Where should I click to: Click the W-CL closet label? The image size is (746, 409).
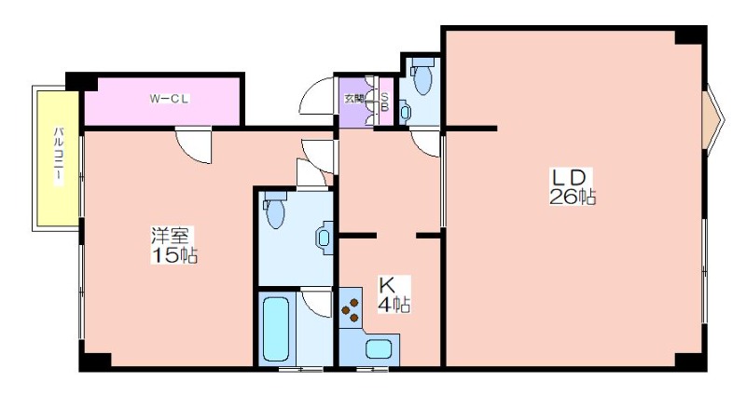click(170, 99)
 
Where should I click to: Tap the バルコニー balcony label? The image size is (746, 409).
click(59, 156)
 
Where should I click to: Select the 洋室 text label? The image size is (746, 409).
click(170, 236)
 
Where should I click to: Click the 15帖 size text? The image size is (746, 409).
click(174, 256)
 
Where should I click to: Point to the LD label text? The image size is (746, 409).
click(568, 178)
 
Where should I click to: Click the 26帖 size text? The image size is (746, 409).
click(573, 197)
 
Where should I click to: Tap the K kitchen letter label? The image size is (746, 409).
click(386, 285)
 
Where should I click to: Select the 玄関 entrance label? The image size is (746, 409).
click(353, 99)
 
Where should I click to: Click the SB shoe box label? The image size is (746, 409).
click(384, 102)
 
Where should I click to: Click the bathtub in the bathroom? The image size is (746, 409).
click(276, 329)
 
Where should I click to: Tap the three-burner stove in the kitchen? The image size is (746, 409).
click(352, 309)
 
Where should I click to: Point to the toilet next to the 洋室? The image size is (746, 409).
click(275, 209)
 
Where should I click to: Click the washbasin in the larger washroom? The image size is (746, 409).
click(324, 238)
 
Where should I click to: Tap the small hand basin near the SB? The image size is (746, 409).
click(405, 112)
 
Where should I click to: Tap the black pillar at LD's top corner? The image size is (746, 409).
click(690, 35)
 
